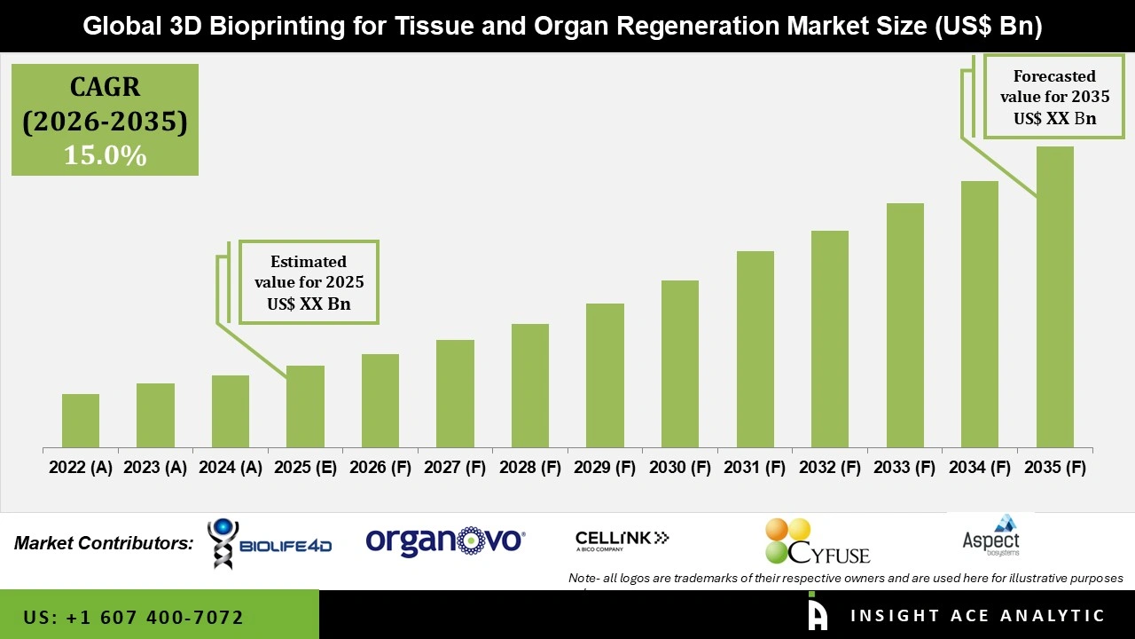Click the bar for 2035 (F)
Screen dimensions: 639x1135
pyautogui.click(x=1054, y=297)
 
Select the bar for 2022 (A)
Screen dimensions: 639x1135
pyautogui.click(x=81, y=421)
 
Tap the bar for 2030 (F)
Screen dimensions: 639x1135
pyautogui.click(x=680, y=364)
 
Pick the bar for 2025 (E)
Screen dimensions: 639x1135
pyautogui.click(x=305, y=406)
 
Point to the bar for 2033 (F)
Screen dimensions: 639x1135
pyautogui.click(x=904, y=325)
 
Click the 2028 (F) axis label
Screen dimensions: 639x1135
pyautogui.click(x=530, y=467)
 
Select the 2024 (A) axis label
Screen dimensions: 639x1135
pyautogui.click(x=230, y=467)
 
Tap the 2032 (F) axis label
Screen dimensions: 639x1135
pyautogui.click(x=830, y=467)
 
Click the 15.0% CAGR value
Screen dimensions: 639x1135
pyautogui.click(x=105, y=155)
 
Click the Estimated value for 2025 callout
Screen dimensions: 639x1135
pyautogui.click(x=309, y=283)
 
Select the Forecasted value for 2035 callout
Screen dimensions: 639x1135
pyautogui.click(x=1054, y=97)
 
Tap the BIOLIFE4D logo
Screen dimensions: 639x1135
pyautogui.click(x=270, y=543)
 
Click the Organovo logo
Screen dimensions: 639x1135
pyautogui.click(x=445, y=540)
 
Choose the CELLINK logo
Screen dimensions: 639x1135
pyautogui.click(x=622, y=539)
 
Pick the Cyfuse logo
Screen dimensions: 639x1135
pyautogui.click(x=817, y=541)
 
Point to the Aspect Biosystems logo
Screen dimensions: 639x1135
pyautogui.click(x=990, y=535)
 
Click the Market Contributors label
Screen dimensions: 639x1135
pyautogui.click(x=104, y=543)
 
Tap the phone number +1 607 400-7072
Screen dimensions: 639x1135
pyautogui.click(x=134, y=617)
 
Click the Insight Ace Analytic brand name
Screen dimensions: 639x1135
pyautogui.click(x=977, y=616)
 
